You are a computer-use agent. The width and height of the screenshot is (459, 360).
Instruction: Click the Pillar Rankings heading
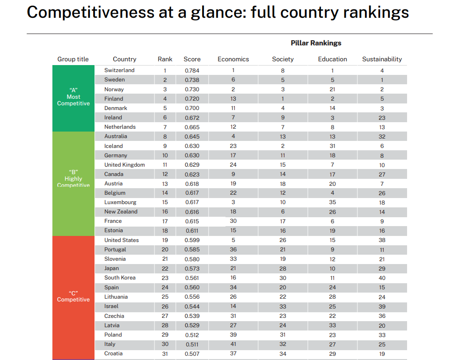[316, 43]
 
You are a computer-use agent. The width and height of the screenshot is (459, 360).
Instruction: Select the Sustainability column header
[382, 59]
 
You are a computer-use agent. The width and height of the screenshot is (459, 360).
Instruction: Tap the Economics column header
[233, 59]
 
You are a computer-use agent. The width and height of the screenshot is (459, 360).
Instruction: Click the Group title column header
[73, 59]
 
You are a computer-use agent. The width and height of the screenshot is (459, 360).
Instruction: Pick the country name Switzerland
[119, 70]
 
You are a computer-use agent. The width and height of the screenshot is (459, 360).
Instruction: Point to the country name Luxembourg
[120, 202]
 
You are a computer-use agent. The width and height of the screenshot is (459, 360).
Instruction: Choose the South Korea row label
[120, 278]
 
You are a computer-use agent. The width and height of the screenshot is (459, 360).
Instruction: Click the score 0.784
[192, 71]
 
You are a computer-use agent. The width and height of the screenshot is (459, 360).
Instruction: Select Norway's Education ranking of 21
[332, 89]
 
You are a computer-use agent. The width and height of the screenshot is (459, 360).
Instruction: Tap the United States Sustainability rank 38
[382, 240]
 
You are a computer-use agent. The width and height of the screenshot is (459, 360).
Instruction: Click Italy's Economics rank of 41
[233, 344]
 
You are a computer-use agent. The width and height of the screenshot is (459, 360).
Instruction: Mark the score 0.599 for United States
[192, 240]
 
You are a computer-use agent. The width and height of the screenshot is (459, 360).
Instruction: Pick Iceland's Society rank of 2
[283, 146]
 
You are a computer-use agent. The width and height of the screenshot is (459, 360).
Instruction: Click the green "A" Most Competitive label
[73, 97]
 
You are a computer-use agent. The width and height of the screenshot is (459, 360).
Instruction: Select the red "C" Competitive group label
[73, 296]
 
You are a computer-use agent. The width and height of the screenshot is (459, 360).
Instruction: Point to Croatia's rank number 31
[165, 353]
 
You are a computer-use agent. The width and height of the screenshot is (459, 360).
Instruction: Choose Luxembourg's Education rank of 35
[332, 202]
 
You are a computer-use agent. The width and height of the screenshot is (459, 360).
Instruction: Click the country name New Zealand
[121, 212]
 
